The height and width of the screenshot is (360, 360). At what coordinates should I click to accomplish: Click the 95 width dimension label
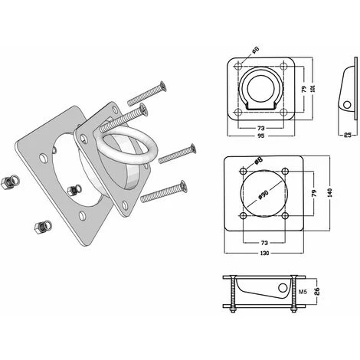[260, 136]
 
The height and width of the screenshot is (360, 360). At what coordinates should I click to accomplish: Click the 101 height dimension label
[314, 88]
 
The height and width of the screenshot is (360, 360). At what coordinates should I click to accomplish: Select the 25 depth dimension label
[347, 135]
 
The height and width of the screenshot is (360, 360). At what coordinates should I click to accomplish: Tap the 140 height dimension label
[330, 192]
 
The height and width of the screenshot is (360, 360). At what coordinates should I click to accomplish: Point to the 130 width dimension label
[264, 254]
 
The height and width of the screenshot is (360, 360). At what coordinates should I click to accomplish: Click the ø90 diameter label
[263, 195]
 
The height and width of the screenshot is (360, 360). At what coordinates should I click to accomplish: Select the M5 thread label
[303, 292]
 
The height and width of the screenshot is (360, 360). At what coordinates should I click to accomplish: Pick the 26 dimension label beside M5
[316, 291]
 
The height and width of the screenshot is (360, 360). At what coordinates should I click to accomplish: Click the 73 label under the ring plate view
[260, 128]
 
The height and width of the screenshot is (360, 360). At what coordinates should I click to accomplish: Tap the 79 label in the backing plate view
[315, 193]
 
